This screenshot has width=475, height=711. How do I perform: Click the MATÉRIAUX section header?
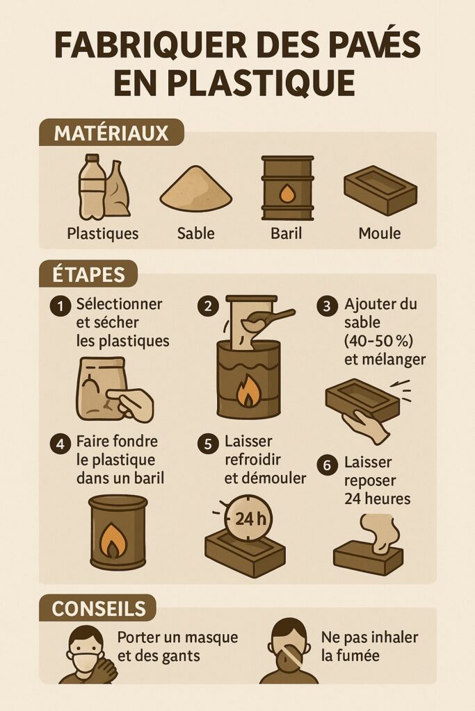[x=111, y=132]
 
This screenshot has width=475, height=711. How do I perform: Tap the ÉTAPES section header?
[x=88, y=274]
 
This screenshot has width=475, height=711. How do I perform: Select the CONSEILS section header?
[x=99, y=608]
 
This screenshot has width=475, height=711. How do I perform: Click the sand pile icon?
[x=195, y=189]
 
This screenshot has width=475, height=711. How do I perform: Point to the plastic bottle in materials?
[x=92, y=186]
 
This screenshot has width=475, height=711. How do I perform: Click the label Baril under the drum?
[x=286, y=233]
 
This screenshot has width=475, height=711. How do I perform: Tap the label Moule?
[x=379, y=233]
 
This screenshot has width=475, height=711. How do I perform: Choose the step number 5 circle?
[x=207, y=443]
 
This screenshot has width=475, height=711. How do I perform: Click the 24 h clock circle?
[x=248, y=518]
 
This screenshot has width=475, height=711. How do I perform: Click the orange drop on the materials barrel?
[x=287, y=192]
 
